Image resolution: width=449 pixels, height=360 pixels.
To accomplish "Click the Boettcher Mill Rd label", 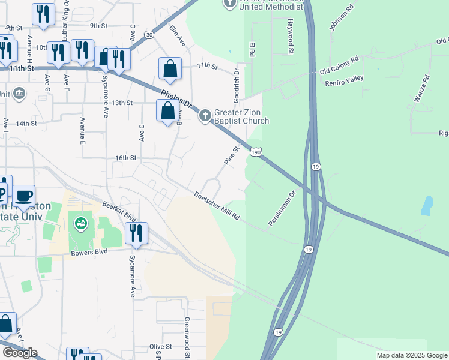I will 217,206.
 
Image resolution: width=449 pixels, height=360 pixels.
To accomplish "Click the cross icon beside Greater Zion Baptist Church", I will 205,115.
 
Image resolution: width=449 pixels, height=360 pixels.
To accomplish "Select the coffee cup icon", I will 24,196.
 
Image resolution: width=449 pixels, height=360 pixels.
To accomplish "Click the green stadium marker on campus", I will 80,224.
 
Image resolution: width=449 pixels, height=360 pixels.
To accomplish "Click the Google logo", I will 20,353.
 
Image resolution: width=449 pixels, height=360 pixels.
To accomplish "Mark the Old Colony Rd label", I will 339,65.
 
